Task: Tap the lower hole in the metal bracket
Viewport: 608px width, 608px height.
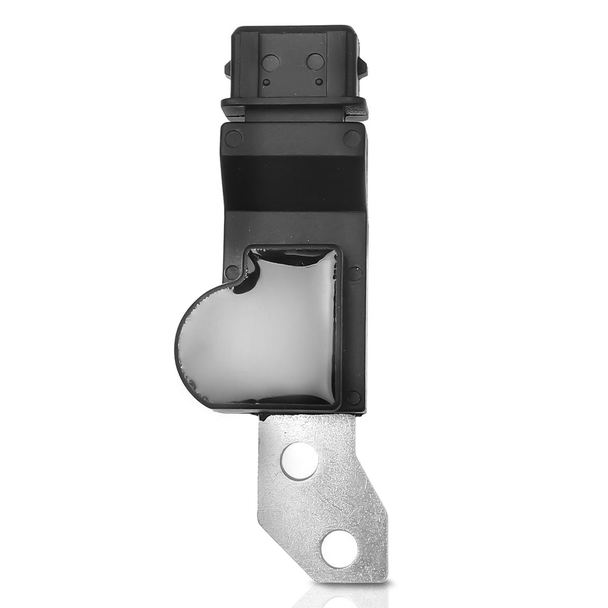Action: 336,547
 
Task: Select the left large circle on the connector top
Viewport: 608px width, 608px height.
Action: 271,62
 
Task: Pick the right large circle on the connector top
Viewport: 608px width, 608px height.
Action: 316,61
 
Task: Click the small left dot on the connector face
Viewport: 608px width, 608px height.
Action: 267,83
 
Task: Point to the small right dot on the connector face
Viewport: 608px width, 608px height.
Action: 319,82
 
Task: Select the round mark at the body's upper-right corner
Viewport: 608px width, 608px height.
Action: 352,138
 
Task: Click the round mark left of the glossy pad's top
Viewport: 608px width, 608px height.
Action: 232,273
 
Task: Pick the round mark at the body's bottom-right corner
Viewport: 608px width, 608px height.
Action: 354,397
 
